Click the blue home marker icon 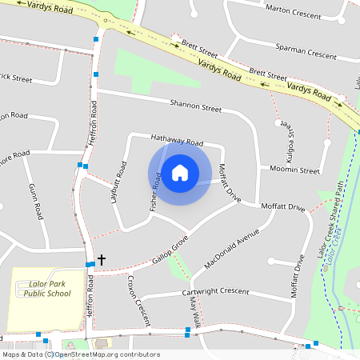point(180,172)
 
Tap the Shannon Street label point(195,106)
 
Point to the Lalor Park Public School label point(46,289)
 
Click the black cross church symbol point(101,260)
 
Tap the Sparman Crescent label point(306,55)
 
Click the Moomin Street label point(294,170)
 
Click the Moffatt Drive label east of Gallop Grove point(283,207)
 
